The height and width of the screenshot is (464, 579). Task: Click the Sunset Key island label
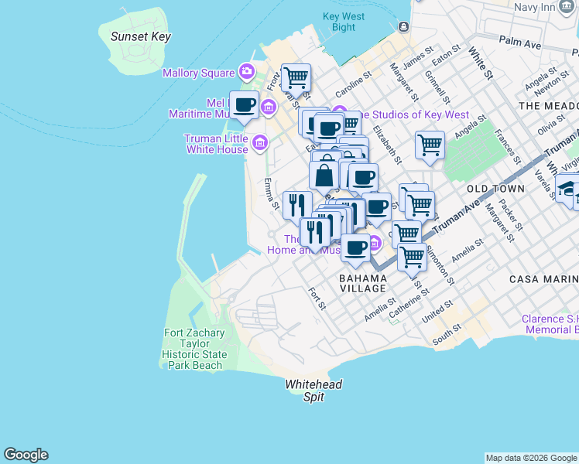(140, 36)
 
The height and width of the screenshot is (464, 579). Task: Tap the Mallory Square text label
(198, 73)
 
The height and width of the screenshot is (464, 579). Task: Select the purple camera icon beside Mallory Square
(247, 72)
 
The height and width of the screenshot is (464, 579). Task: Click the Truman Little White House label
(216, 143)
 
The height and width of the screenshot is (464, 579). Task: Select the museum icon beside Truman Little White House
(260, 142)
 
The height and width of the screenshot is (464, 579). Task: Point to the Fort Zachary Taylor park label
(194, 350)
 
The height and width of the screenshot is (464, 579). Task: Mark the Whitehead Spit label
(313, 391)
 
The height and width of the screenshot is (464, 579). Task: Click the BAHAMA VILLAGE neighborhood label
(363, 282)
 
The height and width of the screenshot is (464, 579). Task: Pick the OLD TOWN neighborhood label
(496, 189)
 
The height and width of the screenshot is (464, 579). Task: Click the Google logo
(26, 455)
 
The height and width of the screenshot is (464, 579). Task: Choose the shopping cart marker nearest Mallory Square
(296, 77)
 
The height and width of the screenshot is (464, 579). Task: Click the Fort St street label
(316, 299)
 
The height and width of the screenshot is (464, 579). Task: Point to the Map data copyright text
(531, 458)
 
